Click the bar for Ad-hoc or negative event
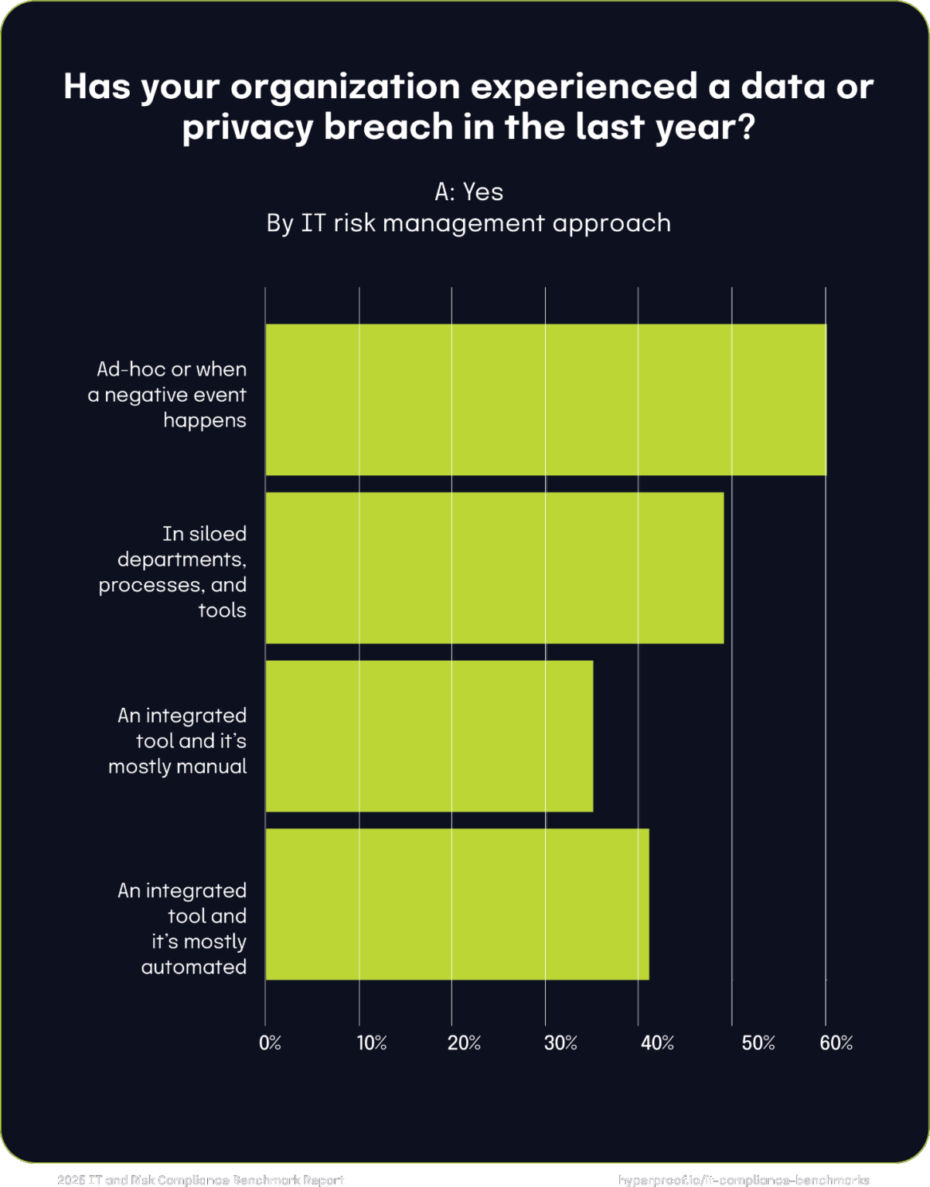[545, 400]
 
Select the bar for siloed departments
[494, 568]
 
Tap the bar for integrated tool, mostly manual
[429, 736]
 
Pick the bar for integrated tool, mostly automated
[457, 904]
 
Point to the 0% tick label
[270, 1043]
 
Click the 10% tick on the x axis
[371, 1043]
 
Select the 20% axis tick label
[464, 1043]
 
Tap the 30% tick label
[560, 1043]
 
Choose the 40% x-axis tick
[657, 1043]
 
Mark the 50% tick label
[758, 1043]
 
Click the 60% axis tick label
[836, 1043]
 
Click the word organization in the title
[346, 87]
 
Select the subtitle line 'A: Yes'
[468, 192]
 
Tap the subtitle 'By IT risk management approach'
[468, 223]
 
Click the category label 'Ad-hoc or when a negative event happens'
[168, 395]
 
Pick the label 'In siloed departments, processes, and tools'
[172, 572]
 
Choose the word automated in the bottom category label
[194, 968]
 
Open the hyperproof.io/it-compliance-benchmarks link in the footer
[744, 1180]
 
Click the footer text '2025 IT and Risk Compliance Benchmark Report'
[201, 1180]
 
